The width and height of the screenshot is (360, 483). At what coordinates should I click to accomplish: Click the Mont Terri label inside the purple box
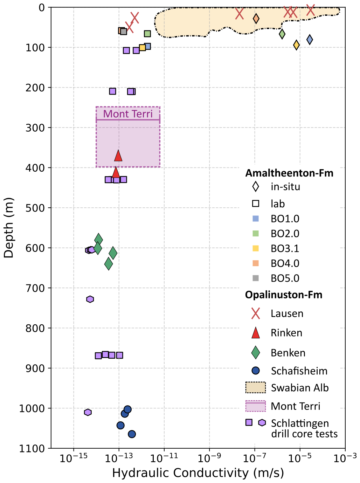coord(128,114)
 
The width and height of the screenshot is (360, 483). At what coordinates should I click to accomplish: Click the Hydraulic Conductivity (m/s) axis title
coord(198,473)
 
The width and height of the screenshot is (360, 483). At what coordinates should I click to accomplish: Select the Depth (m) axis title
coord(8,228)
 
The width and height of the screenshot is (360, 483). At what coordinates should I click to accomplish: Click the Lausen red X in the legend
coord(256,313)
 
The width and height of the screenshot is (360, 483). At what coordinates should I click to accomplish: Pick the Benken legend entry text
coord(288,353)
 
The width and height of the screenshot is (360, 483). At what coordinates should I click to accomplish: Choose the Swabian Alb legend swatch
coord(256,388)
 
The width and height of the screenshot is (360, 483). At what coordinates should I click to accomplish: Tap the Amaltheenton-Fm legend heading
coord(289,173)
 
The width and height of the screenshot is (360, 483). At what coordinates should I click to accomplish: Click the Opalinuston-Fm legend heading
coord(284,295)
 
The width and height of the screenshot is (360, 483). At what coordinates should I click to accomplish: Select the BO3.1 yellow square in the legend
coord(256,248)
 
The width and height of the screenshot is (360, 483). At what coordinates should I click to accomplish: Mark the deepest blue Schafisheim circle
coord(132,434)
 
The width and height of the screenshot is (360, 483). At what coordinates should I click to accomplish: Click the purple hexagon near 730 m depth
coord(90,299)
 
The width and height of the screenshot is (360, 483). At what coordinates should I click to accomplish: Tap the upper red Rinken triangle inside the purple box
coord(118,156)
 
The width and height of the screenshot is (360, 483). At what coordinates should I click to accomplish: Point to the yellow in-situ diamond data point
coord(296,45)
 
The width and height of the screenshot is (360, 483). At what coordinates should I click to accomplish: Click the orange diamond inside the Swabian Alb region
coord(256,18)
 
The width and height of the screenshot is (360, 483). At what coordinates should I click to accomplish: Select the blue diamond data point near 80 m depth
coord(310,39)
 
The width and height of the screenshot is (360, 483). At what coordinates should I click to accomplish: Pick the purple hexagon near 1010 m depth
coord(88,412)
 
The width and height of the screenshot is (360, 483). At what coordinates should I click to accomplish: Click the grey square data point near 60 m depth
coord(124,32)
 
